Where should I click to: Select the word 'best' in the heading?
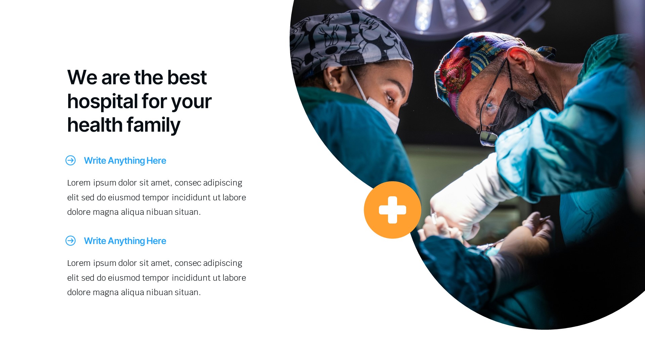(x=187, y=78)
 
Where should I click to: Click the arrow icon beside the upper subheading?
(x=71, y=161)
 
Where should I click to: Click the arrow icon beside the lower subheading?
(x=71, y=241)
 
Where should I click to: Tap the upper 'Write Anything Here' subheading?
(x=125, y=161)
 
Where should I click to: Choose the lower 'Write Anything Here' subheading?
(x=125, y=241)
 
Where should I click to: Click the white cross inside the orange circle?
(x=392, y=210)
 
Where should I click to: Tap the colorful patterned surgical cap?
(x=470, y=64)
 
